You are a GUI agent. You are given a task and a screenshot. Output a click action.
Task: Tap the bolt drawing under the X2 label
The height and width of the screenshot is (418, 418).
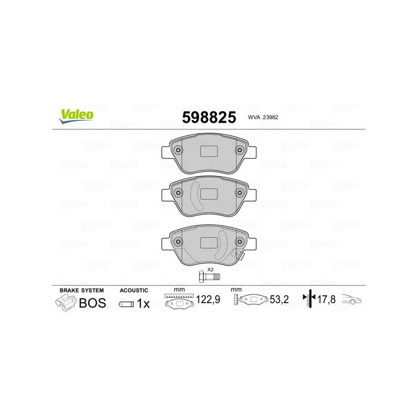click(210, 277)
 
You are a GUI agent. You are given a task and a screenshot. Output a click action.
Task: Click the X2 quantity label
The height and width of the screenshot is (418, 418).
click(210, 270)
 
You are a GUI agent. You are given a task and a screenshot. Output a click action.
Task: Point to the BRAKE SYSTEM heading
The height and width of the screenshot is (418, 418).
click(82, 290)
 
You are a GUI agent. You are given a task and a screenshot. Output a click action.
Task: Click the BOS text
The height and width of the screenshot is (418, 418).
click(92, 303)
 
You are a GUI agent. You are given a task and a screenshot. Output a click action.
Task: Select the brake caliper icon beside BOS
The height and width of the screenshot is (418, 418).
click(65, 303)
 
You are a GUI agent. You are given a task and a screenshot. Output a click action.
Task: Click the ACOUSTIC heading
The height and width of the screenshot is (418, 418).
click(134, 290)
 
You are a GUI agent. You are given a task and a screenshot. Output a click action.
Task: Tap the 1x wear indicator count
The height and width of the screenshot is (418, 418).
click(143, 304)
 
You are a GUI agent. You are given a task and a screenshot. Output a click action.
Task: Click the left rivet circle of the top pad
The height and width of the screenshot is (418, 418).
click(178, 151)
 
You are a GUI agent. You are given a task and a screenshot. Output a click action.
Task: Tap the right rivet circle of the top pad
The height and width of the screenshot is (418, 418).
click(240, 151)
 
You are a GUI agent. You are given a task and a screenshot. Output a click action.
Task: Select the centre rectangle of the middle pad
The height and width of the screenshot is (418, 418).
click(209, 193)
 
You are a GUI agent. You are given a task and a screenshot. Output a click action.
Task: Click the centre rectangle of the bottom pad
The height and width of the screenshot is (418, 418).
click(209, 243)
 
